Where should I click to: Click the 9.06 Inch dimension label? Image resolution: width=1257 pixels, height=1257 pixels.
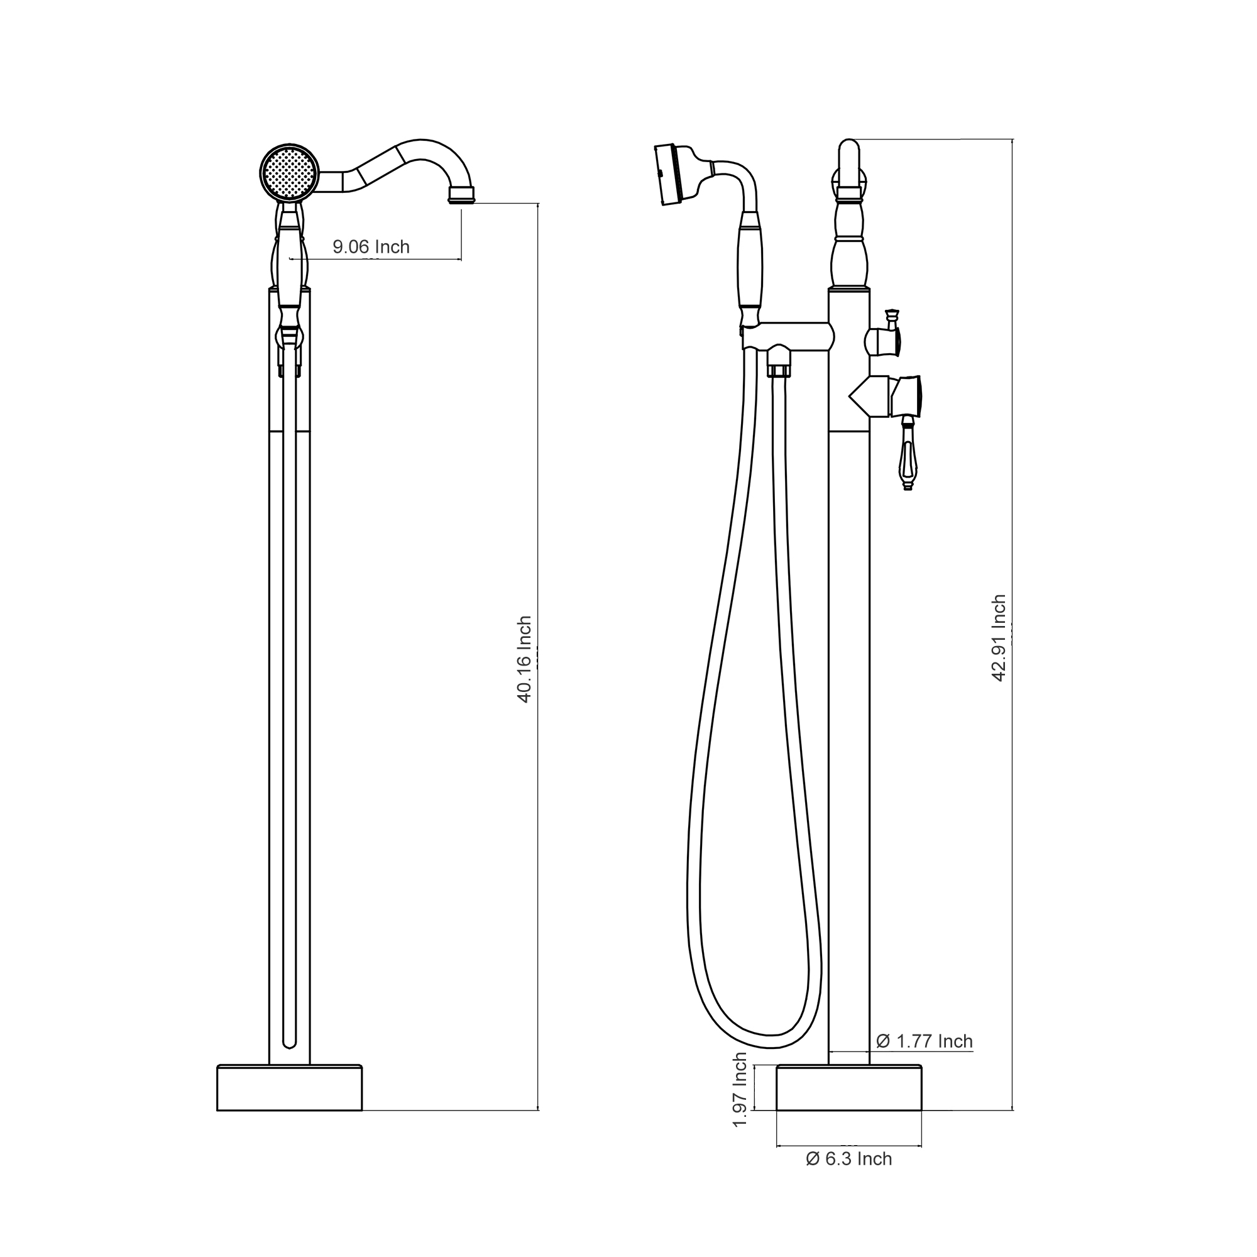pos(371,247)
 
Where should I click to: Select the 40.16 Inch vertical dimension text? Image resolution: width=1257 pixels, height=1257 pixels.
pos(524,659)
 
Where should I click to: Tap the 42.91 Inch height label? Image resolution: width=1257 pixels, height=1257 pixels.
pos(999,637)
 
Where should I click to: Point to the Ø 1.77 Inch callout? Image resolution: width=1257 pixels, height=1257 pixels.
pos(924,1041)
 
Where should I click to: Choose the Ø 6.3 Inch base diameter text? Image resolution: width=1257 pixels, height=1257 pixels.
pos(848,1159)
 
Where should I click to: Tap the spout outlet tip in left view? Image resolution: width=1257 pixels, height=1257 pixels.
pos(461,194)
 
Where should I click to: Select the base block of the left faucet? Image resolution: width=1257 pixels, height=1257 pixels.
pos(289,1087)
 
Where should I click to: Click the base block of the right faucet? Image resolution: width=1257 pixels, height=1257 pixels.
pos(849,1087)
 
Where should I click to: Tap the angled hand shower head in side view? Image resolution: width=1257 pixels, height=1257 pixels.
pos(670,174)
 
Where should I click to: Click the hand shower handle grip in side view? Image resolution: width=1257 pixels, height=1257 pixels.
pos(750,266)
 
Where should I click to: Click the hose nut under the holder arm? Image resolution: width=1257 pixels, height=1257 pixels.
pos(778,363)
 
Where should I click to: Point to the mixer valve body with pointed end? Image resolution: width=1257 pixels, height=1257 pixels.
pos(872,397)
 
